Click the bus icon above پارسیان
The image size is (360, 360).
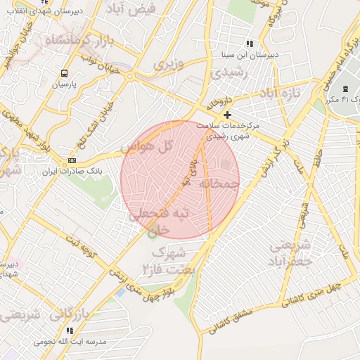65,72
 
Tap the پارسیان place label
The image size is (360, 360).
64,84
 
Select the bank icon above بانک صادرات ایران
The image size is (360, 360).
73,160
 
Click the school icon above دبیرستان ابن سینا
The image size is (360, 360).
251,44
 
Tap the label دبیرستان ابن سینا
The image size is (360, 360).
252,54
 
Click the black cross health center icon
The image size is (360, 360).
226,115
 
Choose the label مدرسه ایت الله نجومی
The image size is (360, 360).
71,340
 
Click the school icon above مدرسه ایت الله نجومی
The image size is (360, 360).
69,330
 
